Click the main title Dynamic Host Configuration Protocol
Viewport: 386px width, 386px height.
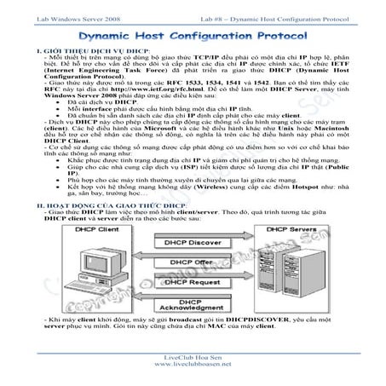point(193,37)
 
